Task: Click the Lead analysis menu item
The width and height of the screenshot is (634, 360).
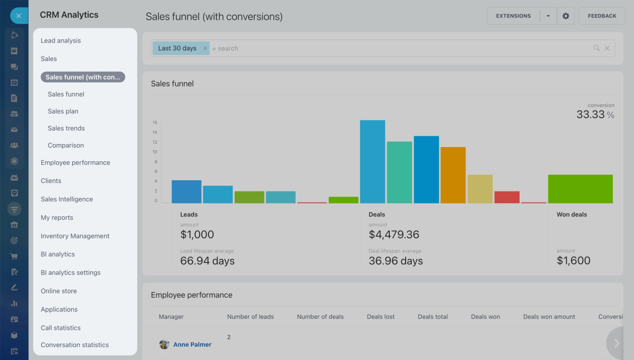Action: (x=60, y=41)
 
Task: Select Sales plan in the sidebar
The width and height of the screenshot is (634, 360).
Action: (x=63, y=111)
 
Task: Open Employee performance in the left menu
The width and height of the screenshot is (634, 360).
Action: (x=75, y=162)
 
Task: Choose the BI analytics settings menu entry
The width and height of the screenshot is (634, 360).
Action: (x=70, y=273)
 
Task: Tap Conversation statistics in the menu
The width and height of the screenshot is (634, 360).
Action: (x=74, y=345)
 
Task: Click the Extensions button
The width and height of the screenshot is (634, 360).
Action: (x=513, y=16)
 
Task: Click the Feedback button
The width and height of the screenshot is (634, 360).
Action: (x=602, y=16)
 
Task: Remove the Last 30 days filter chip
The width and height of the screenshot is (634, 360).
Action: (x=205, y=49)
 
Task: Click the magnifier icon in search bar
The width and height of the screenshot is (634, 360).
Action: (x=596, y=48)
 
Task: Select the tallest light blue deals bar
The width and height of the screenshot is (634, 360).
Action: (x=372, y=161)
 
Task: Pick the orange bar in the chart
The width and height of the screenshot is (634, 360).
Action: (x=453, y=175)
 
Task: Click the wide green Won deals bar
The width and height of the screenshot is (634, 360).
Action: (x=580, y=189)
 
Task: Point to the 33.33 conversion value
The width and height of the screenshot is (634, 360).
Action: (x=590, y=115)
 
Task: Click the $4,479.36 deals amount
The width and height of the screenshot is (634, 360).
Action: (x=394, y=235)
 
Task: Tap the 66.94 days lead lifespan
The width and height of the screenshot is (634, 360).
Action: (x=207, y=261)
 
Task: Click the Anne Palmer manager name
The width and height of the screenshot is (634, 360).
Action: (x=192, y=345)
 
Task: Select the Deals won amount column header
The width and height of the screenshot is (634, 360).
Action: (x=549, y=317)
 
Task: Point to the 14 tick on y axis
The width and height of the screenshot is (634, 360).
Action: (x=155, y=132)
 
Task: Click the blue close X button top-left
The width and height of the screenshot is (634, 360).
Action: (x=19, y=16)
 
